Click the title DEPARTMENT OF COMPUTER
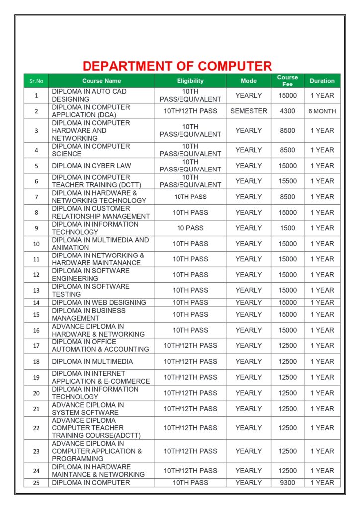pyautogui.click(x=177, y=66)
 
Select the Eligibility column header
pyautogui.click(x=190, y=81)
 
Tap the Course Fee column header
pyautogui.click(x=287, y=81)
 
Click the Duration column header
pyautogui.click(x=322, y=81)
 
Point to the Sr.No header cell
pyautogui.click(x=36, y=81)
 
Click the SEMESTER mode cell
pyautogui.click(x=249, y=111)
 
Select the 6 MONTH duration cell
pyautogui.click(x=322, y=111)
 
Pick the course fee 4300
pyautogui.click(x=287, y=111)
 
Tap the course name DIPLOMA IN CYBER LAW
pyautogui.click(x=91, y=166)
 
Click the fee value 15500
pyautogui.click(x=287, y=181)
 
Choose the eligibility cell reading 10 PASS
pyautogui.click(x=190, y=228)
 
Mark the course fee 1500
pyautogui.click(x=287, y=228)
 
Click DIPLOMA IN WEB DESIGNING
pyautogui.click(x=99, y=302)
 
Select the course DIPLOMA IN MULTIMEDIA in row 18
pyautogui.click(x=92, y=361)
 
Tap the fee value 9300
pyautogui.click(x=287, y=483)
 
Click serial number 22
pyautogui.click(x=36, y=428)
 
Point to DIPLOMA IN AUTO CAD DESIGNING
pyautogui.click(x=90, y=95)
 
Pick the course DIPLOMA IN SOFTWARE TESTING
pyautogui.click(x=90, y=290)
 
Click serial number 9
pyautogui.click(x=36, y=228)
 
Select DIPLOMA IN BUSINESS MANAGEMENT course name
pyautogui.click(x=89, y=314)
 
